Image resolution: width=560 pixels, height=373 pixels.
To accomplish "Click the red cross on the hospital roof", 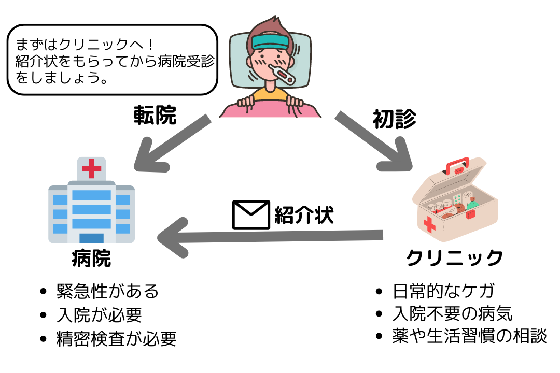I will click(x=91, y=169).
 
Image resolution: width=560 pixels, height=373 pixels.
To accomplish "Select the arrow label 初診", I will click(x=394, y=119).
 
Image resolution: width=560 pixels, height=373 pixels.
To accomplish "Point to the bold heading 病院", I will click(x=91, y=258).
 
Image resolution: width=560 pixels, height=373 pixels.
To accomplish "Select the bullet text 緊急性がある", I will click(x=107, y=291).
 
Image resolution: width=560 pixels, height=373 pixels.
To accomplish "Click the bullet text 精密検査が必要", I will click(x=116, y=339).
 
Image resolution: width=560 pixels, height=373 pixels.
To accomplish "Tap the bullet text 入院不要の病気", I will click(x=453, y=313).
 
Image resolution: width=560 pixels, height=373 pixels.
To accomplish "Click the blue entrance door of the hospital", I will click(x=91, y=239).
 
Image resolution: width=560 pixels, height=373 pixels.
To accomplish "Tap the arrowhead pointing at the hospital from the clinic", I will click(x=171, y=237).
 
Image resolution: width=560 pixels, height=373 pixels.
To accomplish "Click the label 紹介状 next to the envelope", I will click(x=304, y=214).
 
